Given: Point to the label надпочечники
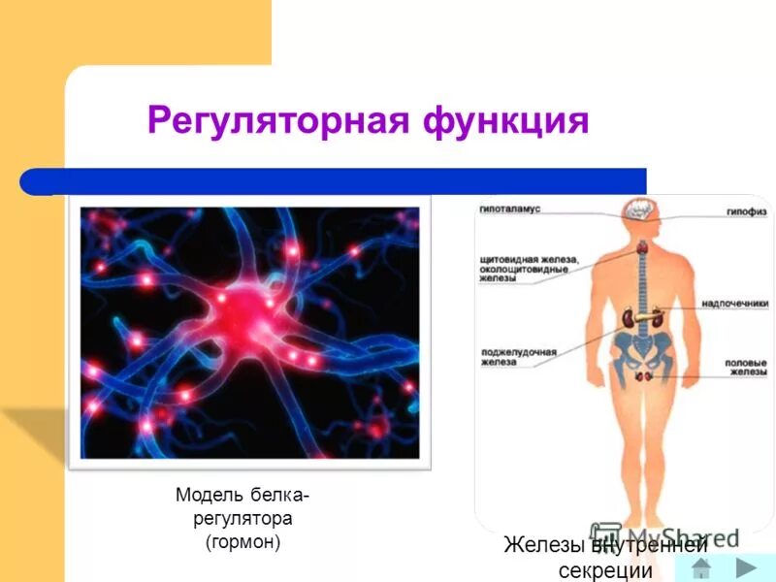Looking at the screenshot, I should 734,304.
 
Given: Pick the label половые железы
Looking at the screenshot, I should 746,368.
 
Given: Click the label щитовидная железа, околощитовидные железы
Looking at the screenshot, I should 529,269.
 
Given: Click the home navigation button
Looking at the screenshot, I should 701,567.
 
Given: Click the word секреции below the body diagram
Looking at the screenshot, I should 605,570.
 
